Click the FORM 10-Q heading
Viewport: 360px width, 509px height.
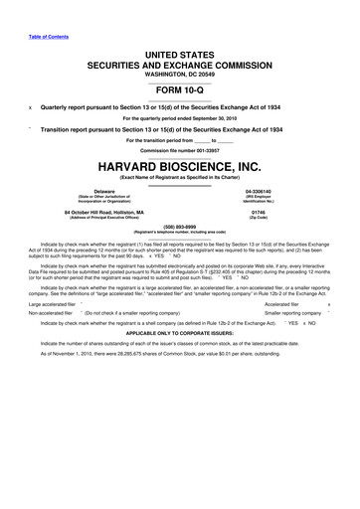(x=180, y=86)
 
